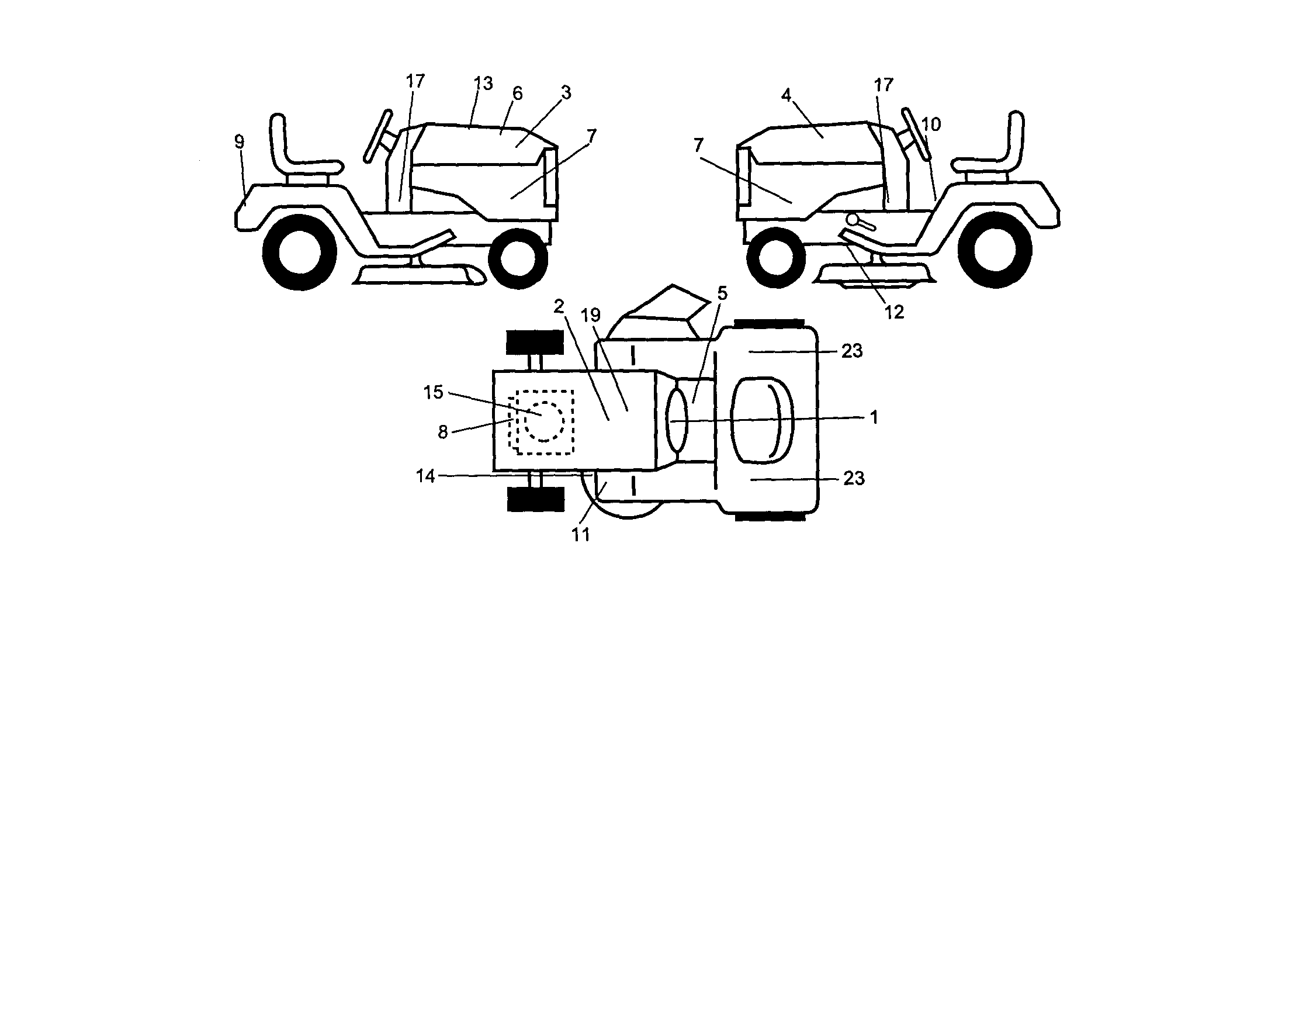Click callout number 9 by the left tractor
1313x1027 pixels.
click(x=239, y=142)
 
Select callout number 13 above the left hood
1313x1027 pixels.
click(x=483, y=84)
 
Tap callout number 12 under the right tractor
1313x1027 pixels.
click(x=894, y=312)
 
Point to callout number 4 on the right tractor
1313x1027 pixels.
click(x=786, y=95)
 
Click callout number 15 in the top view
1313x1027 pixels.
click(x=433, y=392)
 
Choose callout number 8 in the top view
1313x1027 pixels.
click(x=442, y=432)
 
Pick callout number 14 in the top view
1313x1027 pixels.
click(x=425, y=476)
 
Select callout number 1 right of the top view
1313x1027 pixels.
click(x=874, y=417)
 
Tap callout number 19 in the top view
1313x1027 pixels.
click(x=590, y=315)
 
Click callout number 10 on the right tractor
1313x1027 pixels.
click(x=931, y=125)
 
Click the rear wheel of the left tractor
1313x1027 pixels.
click(x=299, y=253)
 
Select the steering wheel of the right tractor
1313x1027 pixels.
click(x=916, y=132)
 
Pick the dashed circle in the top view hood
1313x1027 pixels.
click(x=544, y=421)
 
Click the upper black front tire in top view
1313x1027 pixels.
click(x=535, y=342)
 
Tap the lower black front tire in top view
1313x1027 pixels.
click(x=536, y=499)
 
